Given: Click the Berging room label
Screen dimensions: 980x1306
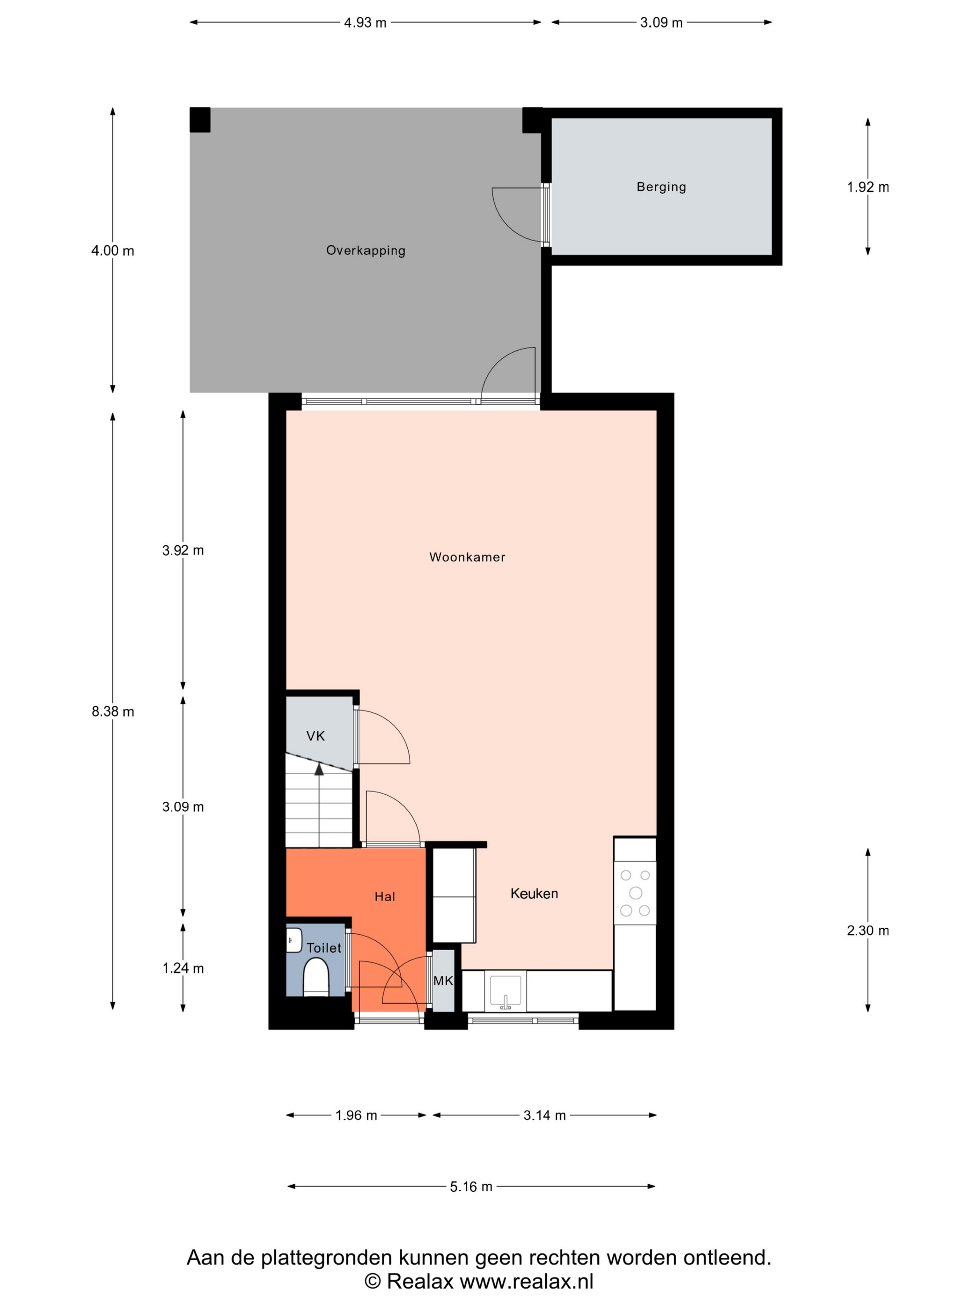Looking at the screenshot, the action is [661, 187].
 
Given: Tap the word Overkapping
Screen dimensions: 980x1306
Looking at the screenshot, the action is [366, 250].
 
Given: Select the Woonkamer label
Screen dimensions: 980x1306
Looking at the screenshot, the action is [467, 557].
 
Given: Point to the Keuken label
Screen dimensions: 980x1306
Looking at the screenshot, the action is [534, 893].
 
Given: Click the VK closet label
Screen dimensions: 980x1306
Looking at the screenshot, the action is [315, 736].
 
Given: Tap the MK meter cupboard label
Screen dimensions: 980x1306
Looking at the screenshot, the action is [443, 981].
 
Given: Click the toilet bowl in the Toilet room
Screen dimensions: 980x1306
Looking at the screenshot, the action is [316, 977].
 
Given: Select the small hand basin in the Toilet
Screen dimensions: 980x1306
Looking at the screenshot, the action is [294, 940].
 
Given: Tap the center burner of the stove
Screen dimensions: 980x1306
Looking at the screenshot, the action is [636, 892].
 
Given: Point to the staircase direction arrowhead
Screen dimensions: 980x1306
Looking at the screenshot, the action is [319, 769].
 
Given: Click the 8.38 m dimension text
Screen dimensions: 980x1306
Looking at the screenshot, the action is [113, 711].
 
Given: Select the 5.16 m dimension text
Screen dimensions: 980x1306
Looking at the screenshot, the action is [471, 1187].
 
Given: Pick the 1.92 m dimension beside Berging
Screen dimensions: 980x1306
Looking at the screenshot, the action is [868, 187].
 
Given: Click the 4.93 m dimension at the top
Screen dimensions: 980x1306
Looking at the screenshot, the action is [365, 22].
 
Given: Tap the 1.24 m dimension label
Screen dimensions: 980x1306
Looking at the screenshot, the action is [183, 968].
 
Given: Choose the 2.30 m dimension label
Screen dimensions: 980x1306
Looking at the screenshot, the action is [868, 931].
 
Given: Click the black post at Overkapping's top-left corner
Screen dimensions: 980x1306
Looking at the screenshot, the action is [200, 119].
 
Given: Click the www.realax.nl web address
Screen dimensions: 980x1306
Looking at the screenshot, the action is [526, 1281].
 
